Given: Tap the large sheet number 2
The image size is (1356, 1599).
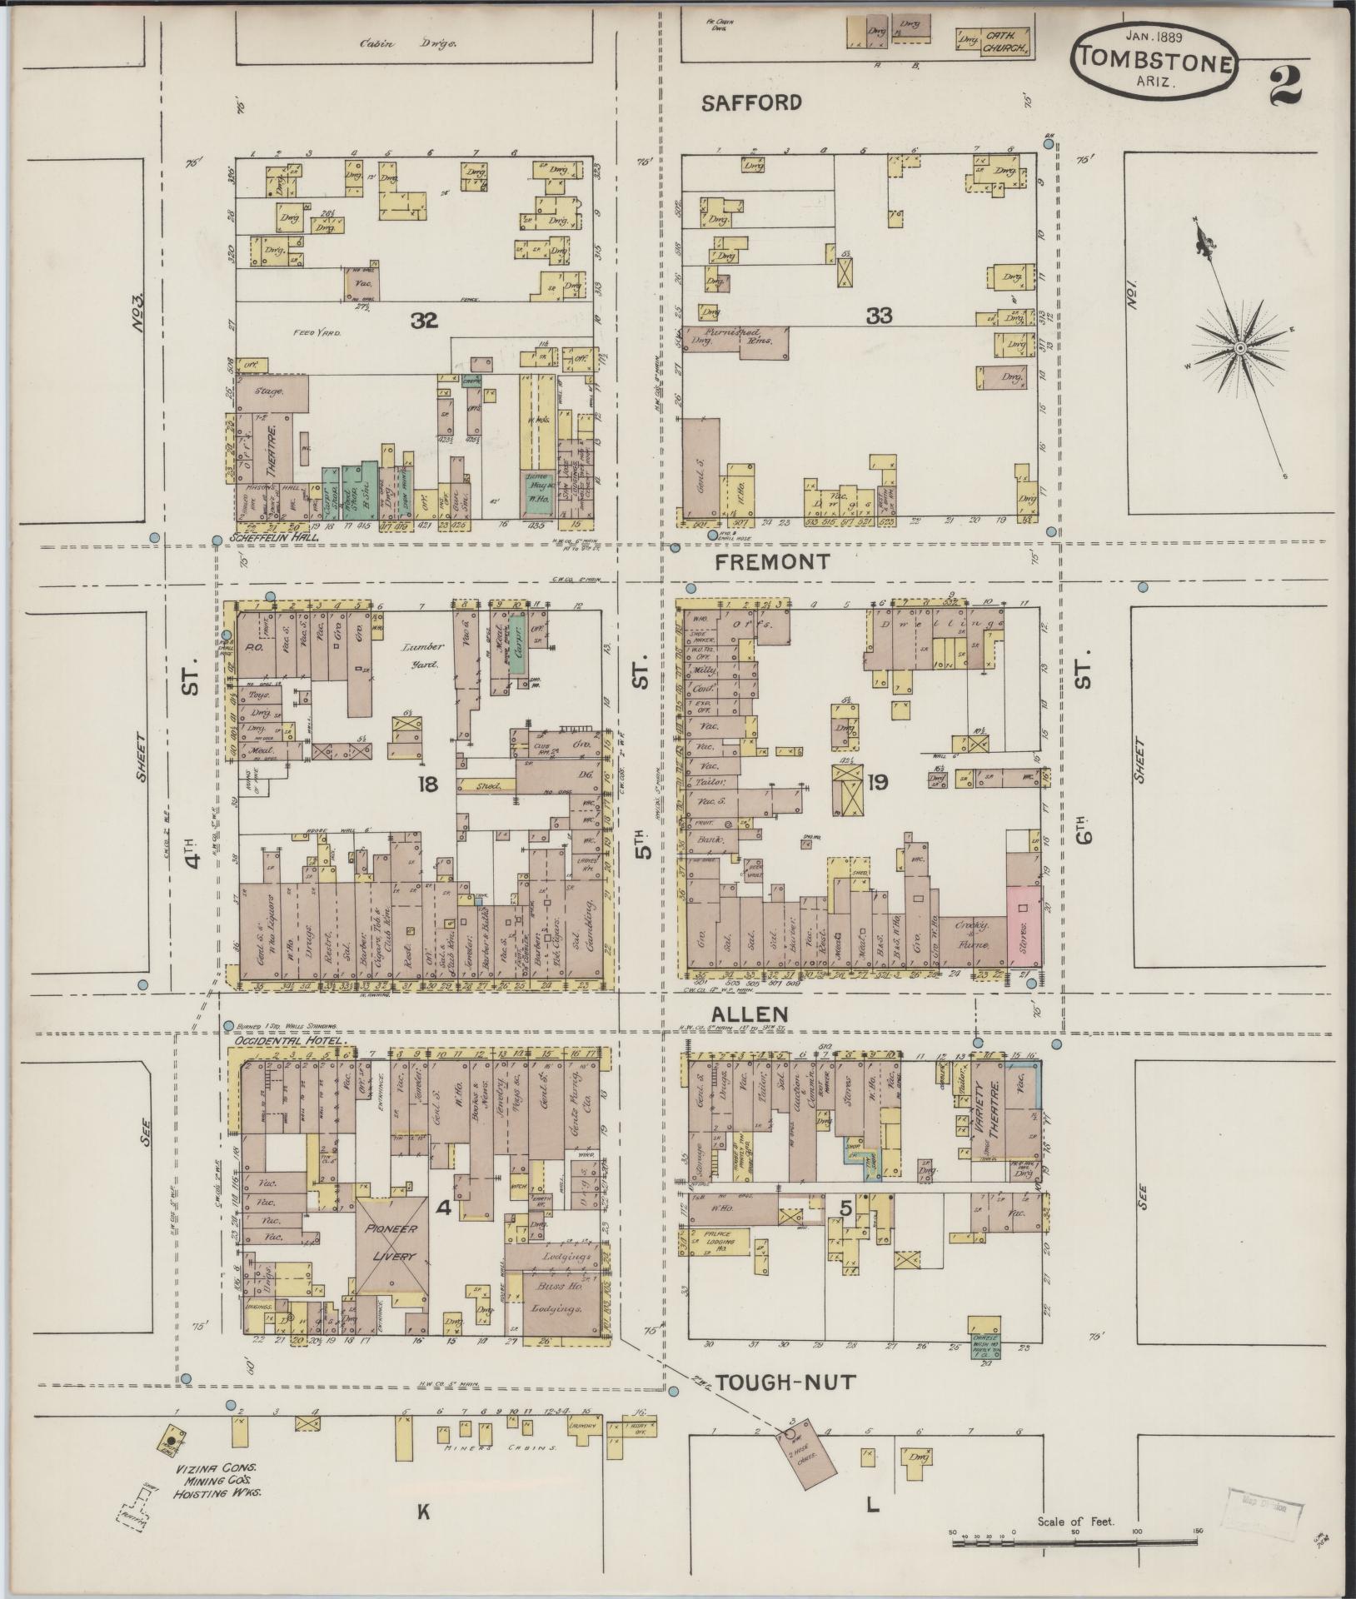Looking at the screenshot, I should pos(1287,86).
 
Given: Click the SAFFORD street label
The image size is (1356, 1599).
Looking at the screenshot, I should pos(751,102).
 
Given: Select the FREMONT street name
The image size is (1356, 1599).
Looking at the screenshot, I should pos(772,562).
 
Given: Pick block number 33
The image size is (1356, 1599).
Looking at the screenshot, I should pos(879,316).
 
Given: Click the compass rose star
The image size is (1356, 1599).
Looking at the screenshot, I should pos(1239,346).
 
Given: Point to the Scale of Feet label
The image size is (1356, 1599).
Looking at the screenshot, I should pos(1076,1522).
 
